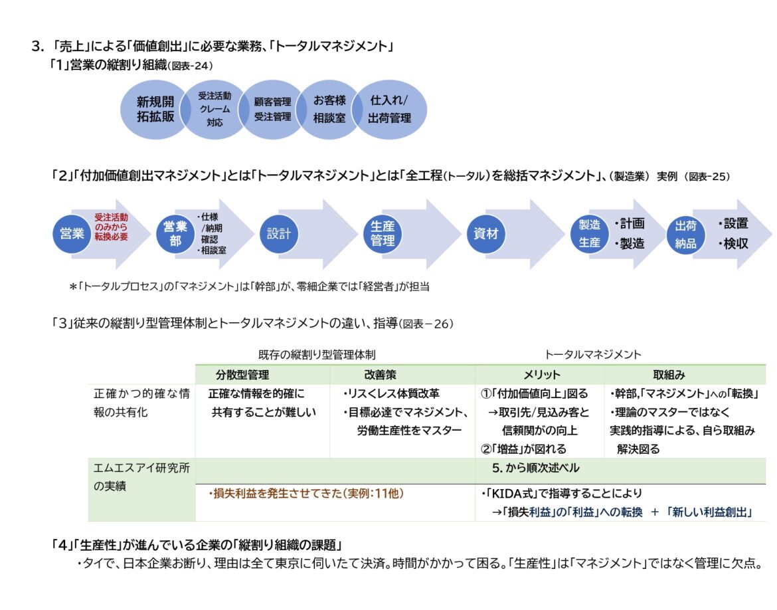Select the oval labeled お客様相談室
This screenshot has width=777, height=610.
point(329,110)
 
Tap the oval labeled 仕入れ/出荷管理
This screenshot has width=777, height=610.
point(389,110)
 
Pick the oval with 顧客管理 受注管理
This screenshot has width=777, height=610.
point(272,110)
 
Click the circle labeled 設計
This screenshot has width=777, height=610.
point(279,234)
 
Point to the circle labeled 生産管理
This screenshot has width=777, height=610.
point(383,234)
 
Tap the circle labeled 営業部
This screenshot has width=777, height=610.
point(175,234)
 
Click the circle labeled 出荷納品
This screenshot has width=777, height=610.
point(685,234)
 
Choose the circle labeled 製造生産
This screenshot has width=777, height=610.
point(589,234)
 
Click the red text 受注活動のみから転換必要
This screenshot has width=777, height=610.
point(111,227)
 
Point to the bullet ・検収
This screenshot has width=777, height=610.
point(733,244)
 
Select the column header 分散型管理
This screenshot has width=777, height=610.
point(242,375)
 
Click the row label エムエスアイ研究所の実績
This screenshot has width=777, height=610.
point(141,477)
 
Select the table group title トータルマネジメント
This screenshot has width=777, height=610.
point(593,355)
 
